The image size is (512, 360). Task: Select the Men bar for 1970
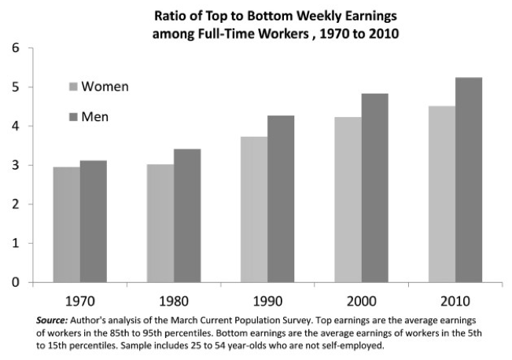coord(93,222)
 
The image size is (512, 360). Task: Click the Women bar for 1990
coord(254,209)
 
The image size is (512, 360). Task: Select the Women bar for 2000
coord(348,200)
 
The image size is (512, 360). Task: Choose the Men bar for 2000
coord(374,188)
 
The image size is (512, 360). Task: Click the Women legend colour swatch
coord(72,86)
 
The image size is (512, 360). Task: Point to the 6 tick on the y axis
coord(16,49)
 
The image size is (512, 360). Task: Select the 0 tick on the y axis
coord(16,282)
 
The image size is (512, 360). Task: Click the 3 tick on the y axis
coord(16,166)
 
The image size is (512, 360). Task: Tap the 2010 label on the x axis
coord(455,301)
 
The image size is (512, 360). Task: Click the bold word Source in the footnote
coord(52,320)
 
